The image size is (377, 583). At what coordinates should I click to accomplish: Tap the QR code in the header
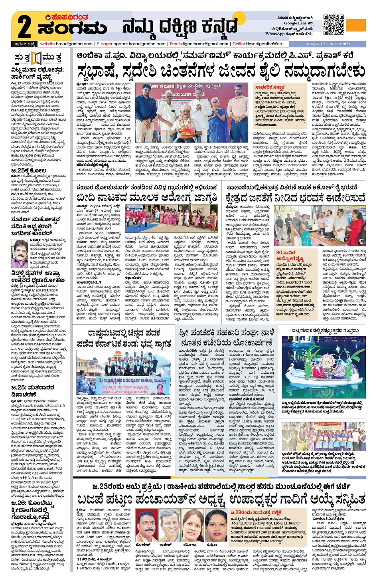pos(333,25)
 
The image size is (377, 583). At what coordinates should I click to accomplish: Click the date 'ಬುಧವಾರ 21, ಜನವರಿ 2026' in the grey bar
pos(328,44)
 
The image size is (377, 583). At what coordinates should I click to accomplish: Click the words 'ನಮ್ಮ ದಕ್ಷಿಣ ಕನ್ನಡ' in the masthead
pos(180,27)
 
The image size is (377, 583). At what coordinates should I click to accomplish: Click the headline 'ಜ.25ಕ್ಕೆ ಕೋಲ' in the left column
pos(29,171)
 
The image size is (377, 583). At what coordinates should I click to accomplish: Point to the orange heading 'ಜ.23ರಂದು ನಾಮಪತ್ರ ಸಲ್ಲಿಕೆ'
pos(255,512)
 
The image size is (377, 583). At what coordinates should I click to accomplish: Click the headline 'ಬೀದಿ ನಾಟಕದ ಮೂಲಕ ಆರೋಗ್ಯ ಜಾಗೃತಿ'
pos(146,198)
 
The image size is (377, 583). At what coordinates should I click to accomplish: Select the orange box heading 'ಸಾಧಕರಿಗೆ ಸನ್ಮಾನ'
pos(270,87)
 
